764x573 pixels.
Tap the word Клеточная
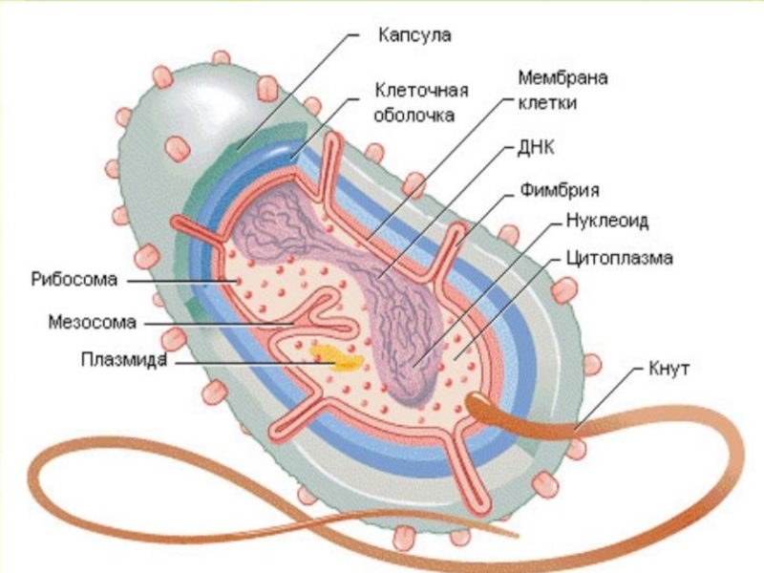click(420, 92)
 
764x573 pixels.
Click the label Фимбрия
click(560, 188)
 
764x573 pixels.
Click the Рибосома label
click(72, 280)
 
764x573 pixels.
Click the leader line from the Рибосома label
click(181, 281)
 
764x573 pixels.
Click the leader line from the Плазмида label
click(239, 362)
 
